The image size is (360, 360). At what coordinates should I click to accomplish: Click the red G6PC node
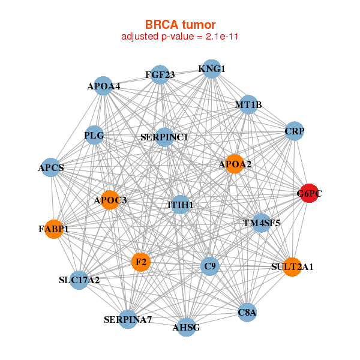309,193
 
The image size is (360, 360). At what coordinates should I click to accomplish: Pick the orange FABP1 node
54,229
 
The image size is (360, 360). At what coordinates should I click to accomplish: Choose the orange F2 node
141,262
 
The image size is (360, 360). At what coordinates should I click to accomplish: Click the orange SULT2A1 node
292,266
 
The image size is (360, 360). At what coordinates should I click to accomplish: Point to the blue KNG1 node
211,69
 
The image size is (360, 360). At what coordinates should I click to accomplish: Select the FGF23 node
160,75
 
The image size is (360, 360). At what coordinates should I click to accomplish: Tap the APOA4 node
104,86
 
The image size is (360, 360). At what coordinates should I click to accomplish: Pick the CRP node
294,131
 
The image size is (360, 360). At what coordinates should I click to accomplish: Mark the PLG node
95,136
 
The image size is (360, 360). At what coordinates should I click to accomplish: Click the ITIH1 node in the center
181,205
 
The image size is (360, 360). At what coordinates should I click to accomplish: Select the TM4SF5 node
262,224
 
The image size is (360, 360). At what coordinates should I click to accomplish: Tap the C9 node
209,266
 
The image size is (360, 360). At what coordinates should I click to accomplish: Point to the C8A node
247,312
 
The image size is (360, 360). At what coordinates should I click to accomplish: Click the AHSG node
186,327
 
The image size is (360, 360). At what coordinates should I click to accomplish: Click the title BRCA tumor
180,25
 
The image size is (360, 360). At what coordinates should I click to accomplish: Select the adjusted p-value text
180,37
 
